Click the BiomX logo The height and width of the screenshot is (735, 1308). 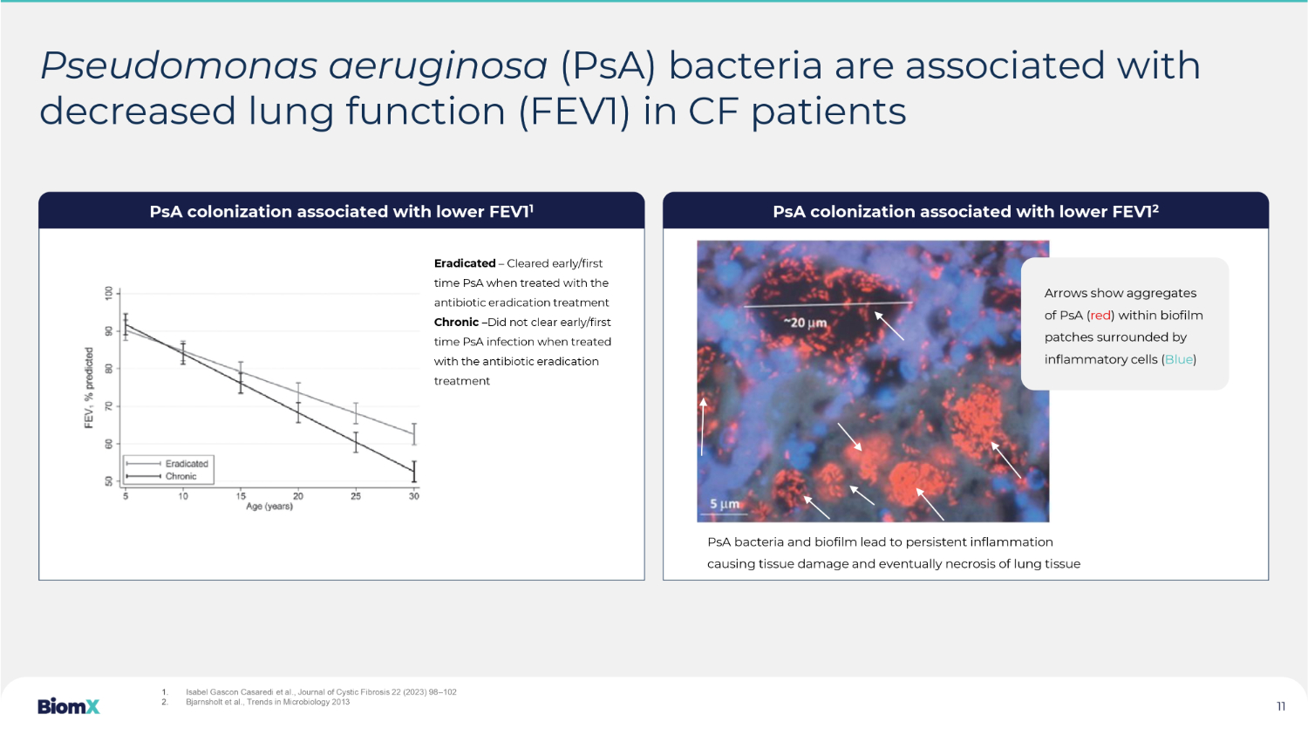point(68,706)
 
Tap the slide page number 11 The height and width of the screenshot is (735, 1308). point(1281,706)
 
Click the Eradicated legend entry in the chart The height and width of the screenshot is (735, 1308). point(167,464)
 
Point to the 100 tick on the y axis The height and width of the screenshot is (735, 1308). point(109,293)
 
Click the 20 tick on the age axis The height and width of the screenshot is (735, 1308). point(298,496)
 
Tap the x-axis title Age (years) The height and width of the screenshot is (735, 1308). point(269,507)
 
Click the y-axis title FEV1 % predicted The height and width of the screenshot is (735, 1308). point(89,388)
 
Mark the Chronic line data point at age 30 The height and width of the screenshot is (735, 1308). point(414,471)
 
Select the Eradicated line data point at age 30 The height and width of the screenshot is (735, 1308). point(414,433)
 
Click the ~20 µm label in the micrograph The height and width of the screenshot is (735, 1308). point(805,323)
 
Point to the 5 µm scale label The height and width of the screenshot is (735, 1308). point(725,504)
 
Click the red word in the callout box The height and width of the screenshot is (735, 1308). point(1100,316)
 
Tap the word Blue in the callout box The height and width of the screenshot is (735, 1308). point(1178,359)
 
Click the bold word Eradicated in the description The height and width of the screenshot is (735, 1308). point(465,263)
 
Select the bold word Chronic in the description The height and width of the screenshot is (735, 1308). point(456,323)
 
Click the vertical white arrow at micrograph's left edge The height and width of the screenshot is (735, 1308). point(703,426)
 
